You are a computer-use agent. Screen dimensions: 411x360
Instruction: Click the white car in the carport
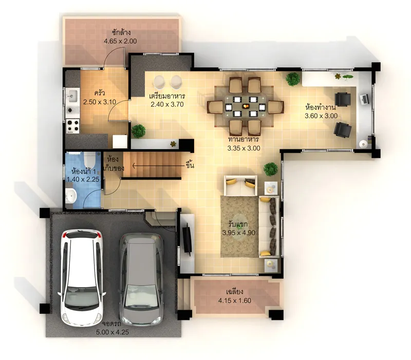point(82,277)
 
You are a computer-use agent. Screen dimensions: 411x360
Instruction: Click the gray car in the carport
point(142,279)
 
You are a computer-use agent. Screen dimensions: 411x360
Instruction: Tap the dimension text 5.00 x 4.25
point(112,332)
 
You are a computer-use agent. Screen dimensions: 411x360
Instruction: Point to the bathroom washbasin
point(71,196)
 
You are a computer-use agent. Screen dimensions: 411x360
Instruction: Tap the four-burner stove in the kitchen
point(72,125)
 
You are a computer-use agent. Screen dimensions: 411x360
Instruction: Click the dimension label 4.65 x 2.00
point(120,41)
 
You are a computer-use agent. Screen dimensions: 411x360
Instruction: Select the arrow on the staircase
point(159,166)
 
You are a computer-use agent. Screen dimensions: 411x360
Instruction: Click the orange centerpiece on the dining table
point(246,106)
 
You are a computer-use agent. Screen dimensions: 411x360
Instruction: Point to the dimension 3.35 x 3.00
point(244,148)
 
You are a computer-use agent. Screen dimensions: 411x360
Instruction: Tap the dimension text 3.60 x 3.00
point(321,116)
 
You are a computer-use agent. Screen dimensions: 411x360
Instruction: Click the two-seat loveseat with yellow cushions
point(240,185)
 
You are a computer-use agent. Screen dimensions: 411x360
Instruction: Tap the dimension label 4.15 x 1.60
point(235,300)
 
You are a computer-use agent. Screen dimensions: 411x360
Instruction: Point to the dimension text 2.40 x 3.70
point(167,104)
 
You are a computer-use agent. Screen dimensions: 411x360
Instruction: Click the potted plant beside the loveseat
point(271,169)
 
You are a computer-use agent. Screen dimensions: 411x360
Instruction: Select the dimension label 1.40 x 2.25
point(83,179)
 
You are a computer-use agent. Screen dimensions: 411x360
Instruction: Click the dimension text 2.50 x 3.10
point(100,102)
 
